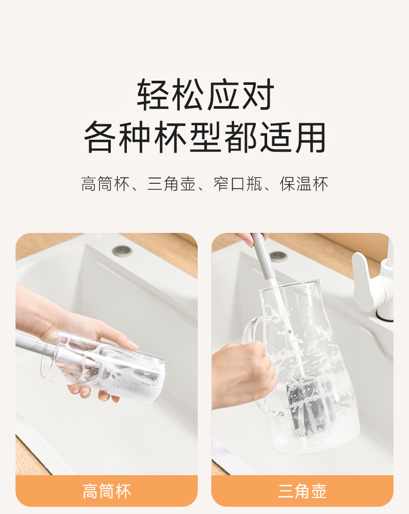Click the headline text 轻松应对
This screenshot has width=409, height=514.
(206, 94)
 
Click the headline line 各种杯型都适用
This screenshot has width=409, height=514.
(205, 137)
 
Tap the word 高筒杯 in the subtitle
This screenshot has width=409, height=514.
(105, 184)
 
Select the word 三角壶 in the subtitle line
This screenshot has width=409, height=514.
(171, 184)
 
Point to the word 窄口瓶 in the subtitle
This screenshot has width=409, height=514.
(238, 184)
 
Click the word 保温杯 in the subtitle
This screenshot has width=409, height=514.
(304, 184)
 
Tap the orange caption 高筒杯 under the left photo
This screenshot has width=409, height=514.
(107, 491)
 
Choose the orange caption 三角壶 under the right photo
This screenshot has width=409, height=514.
(302, 491)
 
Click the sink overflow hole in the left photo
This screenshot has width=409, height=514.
(122, 251)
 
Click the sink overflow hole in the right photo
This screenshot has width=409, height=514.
(279, 255)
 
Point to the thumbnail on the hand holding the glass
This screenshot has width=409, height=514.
(133, 344)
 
